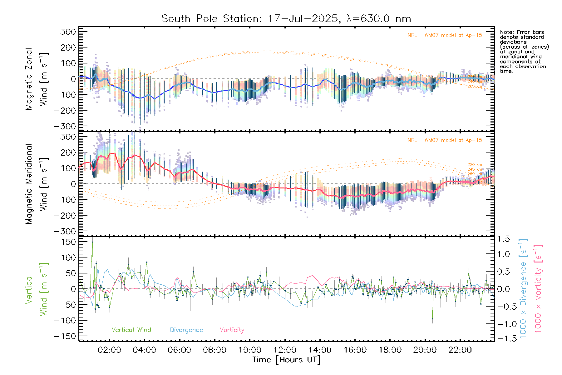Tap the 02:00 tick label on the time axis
tap(109, 350)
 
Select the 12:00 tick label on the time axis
tap(285, 350)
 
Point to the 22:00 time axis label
tap(460, 350)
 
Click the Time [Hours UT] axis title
tap(286, 360)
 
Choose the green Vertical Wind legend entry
tap(131, 330)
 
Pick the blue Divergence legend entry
tap(186, 330)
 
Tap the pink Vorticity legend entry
tap(232, 330)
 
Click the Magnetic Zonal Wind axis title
tap(37, 79)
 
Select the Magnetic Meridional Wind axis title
tap(37, 184)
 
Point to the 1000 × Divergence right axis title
tap(523, 288)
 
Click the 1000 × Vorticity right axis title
tap(538, 288)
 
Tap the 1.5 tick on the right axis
tap(503, 239)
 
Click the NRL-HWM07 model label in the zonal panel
tap(445, 35)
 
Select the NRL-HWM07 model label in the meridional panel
tap(445, 140)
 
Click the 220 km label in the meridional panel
tap(475, 165)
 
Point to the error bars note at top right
tap(524, 52)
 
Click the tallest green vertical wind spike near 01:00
tap(92, 242)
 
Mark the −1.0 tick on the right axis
tap(503, 324)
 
